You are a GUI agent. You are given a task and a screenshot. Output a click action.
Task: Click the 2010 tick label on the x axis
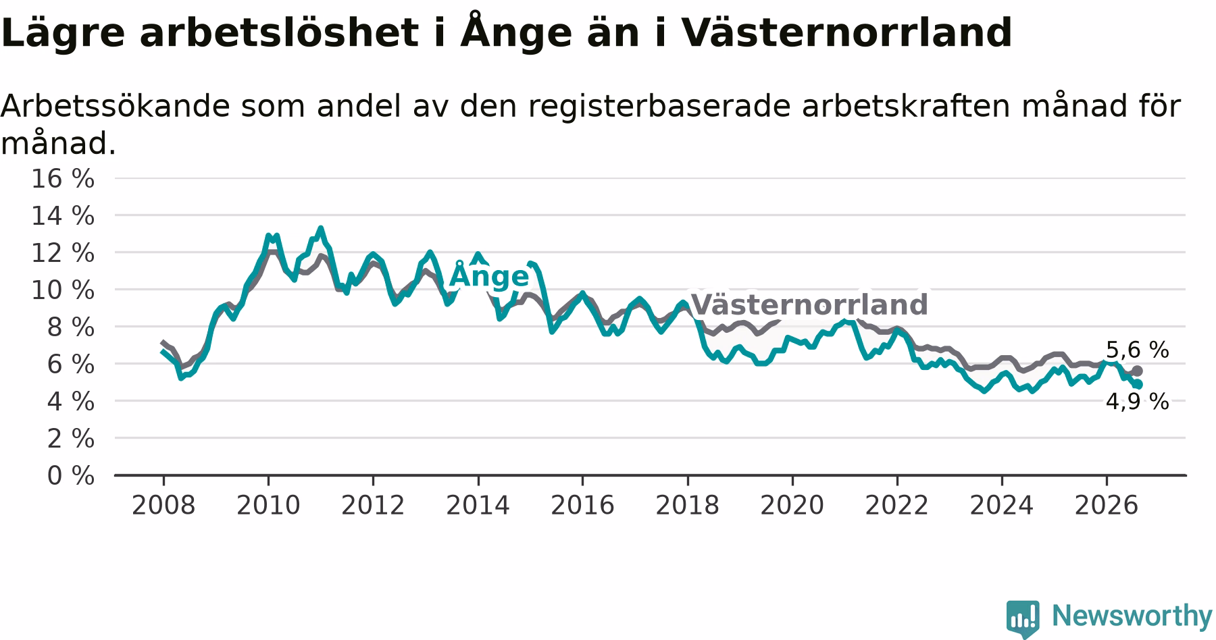tap(268, 506)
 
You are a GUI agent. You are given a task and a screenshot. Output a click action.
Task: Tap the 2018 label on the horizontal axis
tap(688, 506)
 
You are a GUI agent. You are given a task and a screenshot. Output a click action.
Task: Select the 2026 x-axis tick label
tap(1107, 506)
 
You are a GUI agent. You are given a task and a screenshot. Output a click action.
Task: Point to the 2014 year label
tap(478, 506)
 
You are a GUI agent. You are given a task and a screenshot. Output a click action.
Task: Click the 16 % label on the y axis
tap(63, 179)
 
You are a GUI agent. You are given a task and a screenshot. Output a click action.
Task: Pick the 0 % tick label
tap(71, 476)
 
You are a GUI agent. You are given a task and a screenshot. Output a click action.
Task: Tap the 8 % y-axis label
tap(71, 327)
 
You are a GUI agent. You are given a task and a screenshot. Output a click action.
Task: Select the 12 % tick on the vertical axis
tap(63, 253)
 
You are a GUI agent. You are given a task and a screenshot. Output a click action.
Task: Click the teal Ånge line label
tap(489, 275)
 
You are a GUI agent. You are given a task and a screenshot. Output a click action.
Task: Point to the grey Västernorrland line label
tap(810, 304)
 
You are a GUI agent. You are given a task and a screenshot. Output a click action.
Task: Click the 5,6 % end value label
tap(1137, 350)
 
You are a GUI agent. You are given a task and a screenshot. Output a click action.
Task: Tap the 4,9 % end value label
tap(1137, 402)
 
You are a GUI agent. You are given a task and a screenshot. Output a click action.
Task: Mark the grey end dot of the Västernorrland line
tap(1138, 371)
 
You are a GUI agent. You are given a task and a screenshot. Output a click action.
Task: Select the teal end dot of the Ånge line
tap(1138, 384)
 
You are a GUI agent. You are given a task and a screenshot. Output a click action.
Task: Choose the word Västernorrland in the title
tap(846, 32)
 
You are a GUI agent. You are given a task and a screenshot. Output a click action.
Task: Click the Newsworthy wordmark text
tap(1132, 616)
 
